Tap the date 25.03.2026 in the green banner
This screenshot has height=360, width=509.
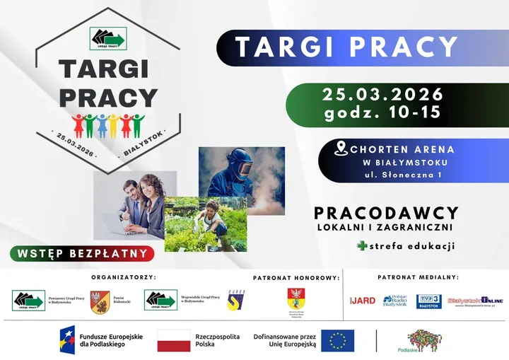[382, 95]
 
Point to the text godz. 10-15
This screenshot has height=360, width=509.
[382, 112]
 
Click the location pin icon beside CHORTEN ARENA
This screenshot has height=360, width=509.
[341, 149]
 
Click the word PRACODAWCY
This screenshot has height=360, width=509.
[386, 213]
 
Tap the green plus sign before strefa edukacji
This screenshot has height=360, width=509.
[363, 246]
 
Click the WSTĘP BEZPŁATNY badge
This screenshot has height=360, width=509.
[83, 253]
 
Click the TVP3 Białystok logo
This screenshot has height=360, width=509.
[428, 301]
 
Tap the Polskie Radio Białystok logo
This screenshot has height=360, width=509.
[395, 301]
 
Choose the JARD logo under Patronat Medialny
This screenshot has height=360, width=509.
[363, 301]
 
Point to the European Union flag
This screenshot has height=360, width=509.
[337, 340]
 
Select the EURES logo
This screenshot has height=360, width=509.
[236, 300]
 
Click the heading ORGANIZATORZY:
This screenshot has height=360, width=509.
[124, 278]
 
